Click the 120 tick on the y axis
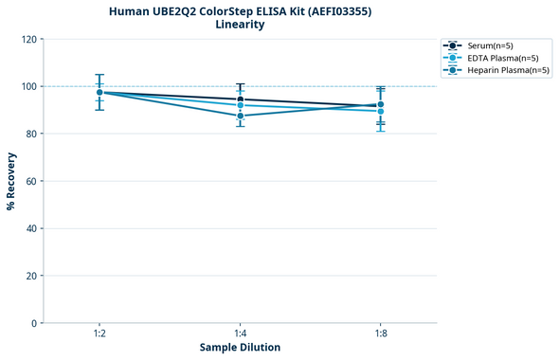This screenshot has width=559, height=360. coord(30,39)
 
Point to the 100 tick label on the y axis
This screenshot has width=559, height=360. coord(30,86)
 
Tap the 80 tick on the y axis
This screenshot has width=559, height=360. coord(32,134)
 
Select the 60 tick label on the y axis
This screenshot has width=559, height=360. coord(32,181)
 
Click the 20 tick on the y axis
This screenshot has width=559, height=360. coord(32,276)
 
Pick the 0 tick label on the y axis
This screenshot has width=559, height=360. coord(35,323)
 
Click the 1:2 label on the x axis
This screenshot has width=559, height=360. coord(99,333)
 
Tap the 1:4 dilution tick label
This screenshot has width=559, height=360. coord(240,333)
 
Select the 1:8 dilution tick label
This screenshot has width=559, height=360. coord(380,333)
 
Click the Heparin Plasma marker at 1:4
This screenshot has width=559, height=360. coord(240,116)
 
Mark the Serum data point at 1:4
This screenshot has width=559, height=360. coord(240,99)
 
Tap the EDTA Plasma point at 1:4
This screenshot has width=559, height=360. coord(240,105)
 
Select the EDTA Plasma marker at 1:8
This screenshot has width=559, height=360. coord(380,111)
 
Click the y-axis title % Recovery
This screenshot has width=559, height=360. coord(11,181)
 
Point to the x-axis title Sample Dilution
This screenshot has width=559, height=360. coord(240,348)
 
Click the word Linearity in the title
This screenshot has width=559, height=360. coord(240,25)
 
